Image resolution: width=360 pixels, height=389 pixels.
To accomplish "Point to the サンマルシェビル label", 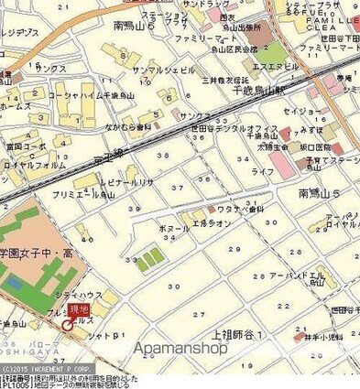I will pyautogui.click(x=138, y=70).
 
